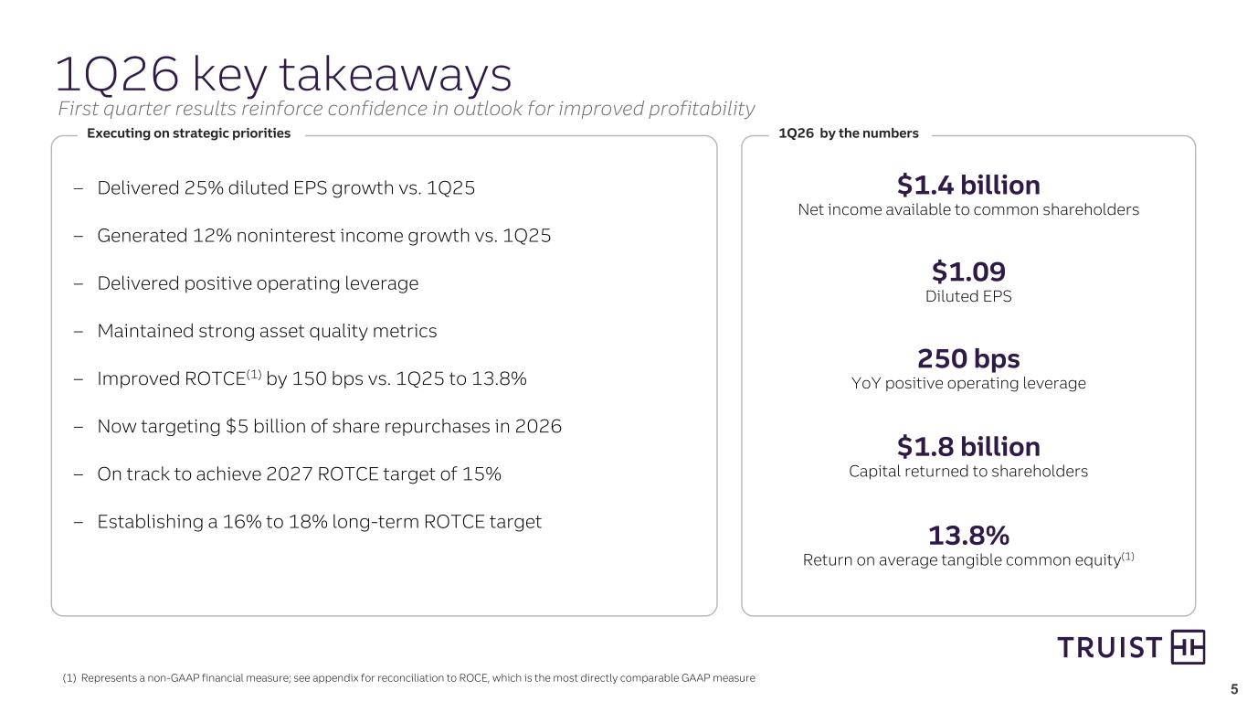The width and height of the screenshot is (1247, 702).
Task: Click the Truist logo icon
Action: (x=1188, y=647)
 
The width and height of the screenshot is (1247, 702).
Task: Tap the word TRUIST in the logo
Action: (x=1109, y=648)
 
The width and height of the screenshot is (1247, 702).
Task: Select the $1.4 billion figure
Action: (x=968, y=186)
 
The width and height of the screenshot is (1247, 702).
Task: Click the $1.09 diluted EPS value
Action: (x=968, y=271)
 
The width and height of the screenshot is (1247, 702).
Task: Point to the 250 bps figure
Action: (x=968, y=358)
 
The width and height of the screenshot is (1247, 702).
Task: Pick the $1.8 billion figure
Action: (x=968, y=447)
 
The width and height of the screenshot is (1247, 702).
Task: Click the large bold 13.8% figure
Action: (x=968, y=534)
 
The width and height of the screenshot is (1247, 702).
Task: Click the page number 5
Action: (x=1234, y=689)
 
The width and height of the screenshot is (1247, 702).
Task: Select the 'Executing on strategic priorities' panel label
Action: (x=188, y=133)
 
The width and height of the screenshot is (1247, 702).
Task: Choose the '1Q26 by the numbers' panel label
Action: (x=848, y=133)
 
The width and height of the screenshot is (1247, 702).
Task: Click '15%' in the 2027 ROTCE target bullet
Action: (x=482, y=474)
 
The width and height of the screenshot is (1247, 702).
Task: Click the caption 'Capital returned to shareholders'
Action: (x=968, y=472)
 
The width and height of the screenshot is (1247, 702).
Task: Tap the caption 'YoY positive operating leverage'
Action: (x=968, y=384)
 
